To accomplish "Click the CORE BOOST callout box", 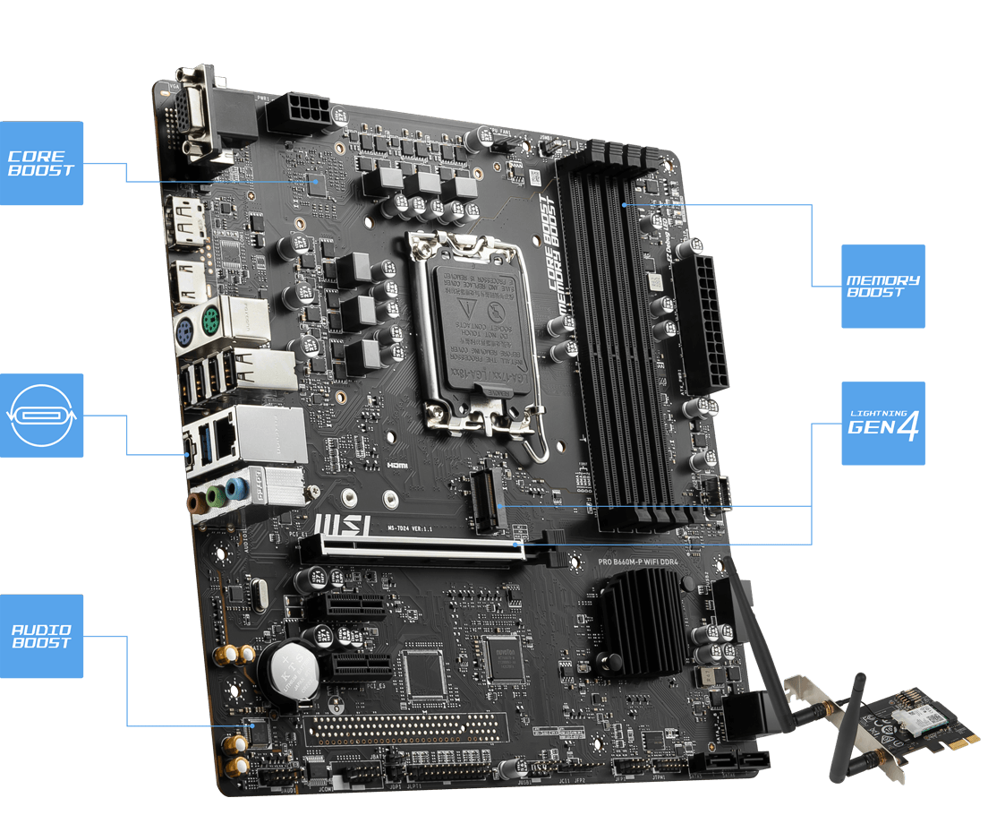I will [41, 163].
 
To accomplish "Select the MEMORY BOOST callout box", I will [882, 286].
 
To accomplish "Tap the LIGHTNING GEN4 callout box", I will [882, 424].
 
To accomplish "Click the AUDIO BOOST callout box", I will [41, 636].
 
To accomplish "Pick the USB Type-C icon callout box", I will [41, 415].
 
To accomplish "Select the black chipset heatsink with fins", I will [642, 609].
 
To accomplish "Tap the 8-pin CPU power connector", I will [298, 114].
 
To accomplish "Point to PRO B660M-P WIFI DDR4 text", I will [646, 562].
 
